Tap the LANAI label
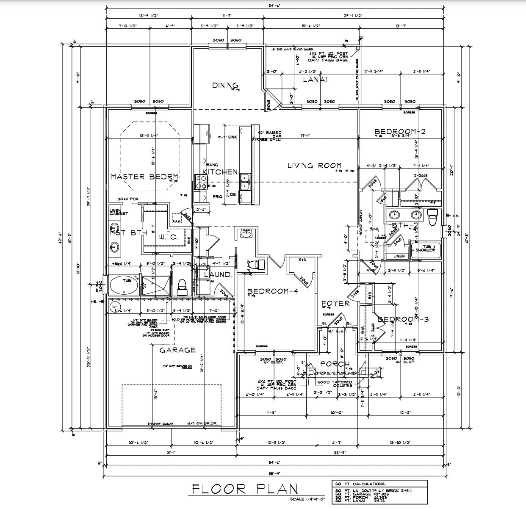click(x=315, y=79)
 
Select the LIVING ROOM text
click(x=315, y=166)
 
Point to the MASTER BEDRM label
click(x=144, y=177)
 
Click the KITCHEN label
click(x=220, y=172)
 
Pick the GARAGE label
click(x=178, y=350)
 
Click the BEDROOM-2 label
click(x=400, y=132)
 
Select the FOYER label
click(x=335, y=303)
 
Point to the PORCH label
click(x=335, y=364)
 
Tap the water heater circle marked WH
click(x=114, y=306)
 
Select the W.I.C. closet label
click(x=169, y=238)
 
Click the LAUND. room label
click(x=218, y=274)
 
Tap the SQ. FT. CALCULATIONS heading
click(x=360, y=484)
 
